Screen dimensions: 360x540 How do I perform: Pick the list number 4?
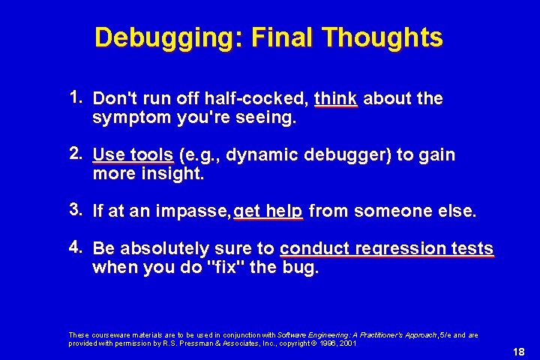[76, 247]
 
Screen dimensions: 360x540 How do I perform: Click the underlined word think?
[336, 98]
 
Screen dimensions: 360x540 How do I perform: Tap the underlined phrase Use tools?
[133, 155]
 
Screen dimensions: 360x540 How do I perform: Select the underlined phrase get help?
[268, 212]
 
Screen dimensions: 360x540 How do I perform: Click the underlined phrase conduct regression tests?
[386, 249]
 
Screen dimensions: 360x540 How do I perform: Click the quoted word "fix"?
[231, 268]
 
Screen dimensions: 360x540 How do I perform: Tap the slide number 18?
[517, 352]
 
